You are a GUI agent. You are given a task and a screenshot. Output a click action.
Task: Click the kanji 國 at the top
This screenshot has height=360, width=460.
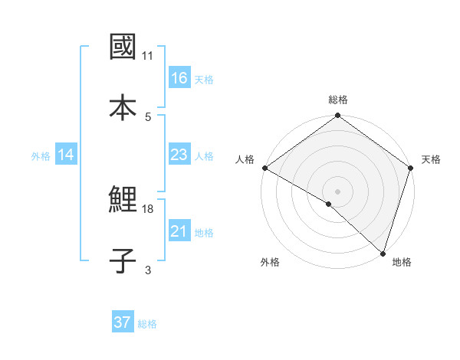point(123,47)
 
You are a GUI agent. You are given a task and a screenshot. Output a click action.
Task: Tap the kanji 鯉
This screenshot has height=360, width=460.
point(123,201)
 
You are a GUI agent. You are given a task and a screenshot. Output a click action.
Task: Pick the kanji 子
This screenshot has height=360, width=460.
point(123,260)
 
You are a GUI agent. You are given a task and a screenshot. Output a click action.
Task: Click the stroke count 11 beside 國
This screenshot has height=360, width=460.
point(148,56)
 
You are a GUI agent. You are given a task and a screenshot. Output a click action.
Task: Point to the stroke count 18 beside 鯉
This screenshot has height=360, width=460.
point(148,208)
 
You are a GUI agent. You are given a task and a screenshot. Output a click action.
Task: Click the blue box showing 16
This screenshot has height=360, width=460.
point(179,78)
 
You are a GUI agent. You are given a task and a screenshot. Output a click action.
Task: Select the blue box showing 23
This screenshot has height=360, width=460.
point(179,155)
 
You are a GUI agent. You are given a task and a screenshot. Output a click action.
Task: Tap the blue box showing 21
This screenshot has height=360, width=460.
point(179,231)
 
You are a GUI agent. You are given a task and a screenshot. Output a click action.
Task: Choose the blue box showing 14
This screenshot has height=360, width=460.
point(65,155)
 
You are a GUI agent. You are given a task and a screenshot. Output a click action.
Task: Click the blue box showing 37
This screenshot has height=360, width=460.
point(122,322)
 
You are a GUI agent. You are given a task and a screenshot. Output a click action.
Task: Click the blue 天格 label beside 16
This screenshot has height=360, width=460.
point(204,79)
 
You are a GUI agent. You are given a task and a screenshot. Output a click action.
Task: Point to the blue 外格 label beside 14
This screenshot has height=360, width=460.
point(41,156)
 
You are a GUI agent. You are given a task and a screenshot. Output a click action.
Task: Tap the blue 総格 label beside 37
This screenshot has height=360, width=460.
point(147,323)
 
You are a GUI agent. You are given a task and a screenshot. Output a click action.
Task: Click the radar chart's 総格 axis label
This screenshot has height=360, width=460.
point(338,100)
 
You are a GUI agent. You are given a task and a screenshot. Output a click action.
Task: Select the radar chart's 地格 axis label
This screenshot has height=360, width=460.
point(402,262)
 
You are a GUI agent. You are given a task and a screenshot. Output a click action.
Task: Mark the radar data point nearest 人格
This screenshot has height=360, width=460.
point(264,167)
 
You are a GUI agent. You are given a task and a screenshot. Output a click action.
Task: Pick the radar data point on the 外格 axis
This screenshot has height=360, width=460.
point(329,204)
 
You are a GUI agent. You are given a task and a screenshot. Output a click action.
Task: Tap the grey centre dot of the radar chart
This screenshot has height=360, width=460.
point(338,191)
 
